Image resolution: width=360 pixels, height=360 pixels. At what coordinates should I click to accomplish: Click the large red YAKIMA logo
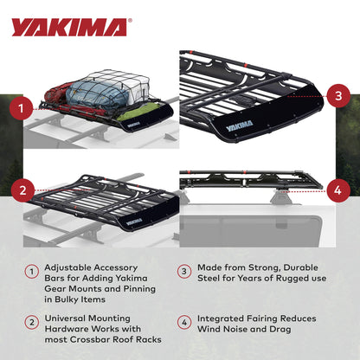click(x=68, y=28)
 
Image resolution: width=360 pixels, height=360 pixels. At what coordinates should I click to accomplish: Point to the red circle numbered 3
click(x=338, y=95)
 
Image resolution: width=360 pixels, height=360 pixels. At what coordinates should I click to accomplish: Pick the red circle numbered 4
click(x=338, y=186)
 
